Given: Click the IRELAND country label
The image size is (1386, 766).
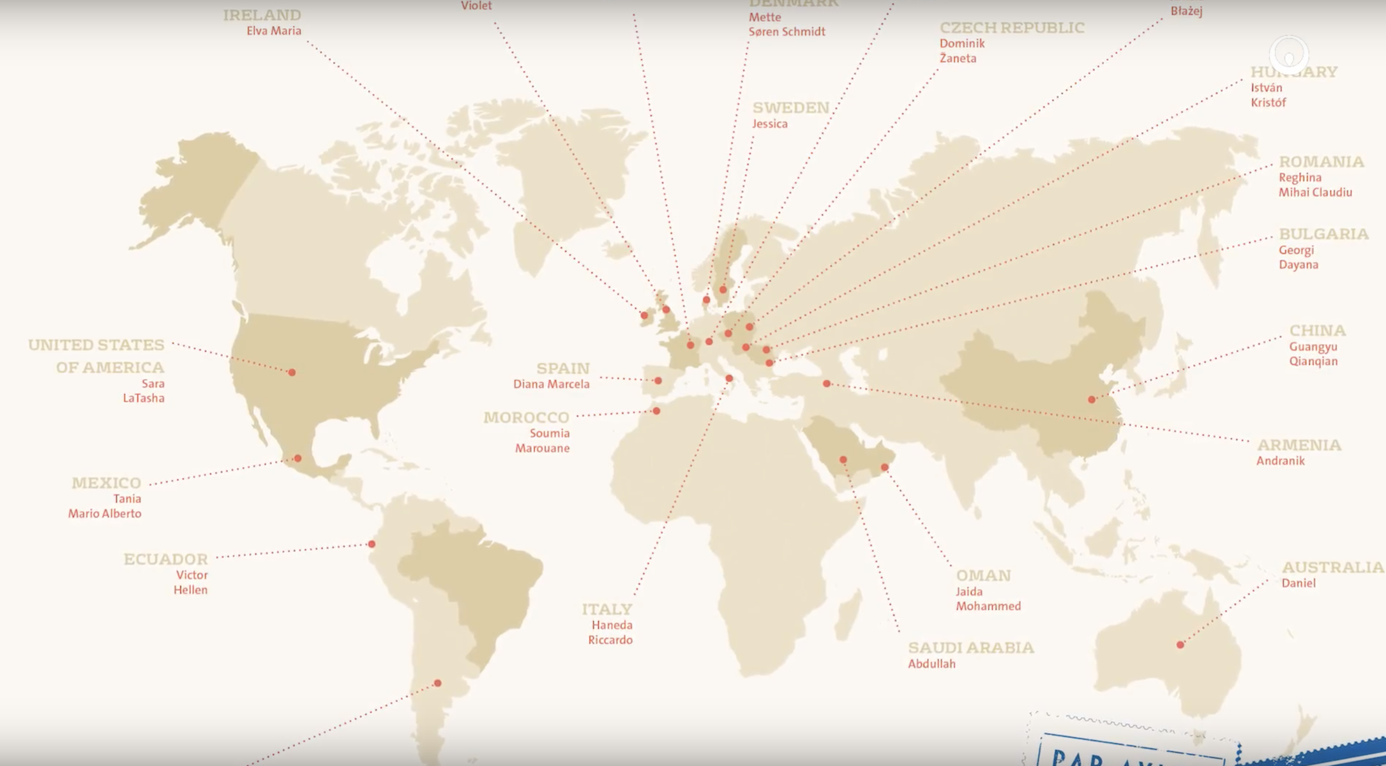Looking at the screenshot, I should click(x=262, y=15).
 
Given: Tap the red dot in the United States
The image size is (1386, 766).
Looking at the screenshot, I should click(x=292, y=372).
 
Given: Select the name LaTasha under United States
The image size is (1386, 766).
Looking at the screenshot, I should click(x=144, y=398).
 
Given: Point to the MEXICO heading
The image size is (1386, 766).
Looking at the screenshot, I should click(x=106, y=483).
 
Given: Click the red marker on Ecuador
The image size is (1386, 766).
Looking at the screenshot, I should click(x=372, y=544).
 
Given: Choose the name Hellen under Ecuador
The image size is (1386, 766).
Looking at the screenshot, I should click(x=190, y=590).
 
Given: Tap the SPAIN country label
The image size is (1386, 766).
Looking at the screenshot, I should click(x=562, y=368).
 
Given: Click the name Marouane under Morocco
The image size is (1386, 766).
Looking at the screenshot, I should click(x=542, y=448).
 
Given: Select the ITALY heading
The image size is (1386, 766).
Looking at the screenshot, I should click(x=606, y=609).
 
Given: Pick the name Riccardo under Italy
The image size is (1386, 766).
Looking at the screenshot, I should click(x=610, y=640).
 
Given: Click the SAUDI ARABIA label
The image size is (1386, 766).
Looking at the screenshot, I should click(x=970, y=648).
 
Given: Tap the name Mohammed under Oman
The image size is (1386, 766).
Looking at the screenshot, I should click(x=988, y=606).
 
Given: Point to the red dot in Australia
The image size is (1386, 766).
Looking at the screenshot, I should click(x=1180, y=645).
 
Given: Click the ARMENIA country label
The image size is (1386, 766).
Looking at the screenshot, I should click(x=1299, y=445).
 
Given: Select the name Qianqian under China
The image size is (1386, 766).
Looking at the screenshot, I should click(x=1313, y=361).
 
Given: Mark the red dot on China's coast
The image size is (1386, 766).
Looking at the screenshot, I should click(x=1092, y=400).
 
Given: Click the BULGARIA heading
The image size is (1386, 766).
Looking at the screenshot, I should click(x=1323, y=234).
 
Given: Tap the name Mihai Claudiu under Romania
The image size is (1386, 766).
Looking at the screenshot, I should click(x=1314, y=192).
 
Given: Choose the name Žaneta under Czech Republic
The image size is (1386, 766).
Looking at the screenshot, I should click(x=958, y=58).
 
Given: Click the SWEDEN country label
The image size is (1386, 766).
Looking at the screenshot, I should click(x=790, y=108).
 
